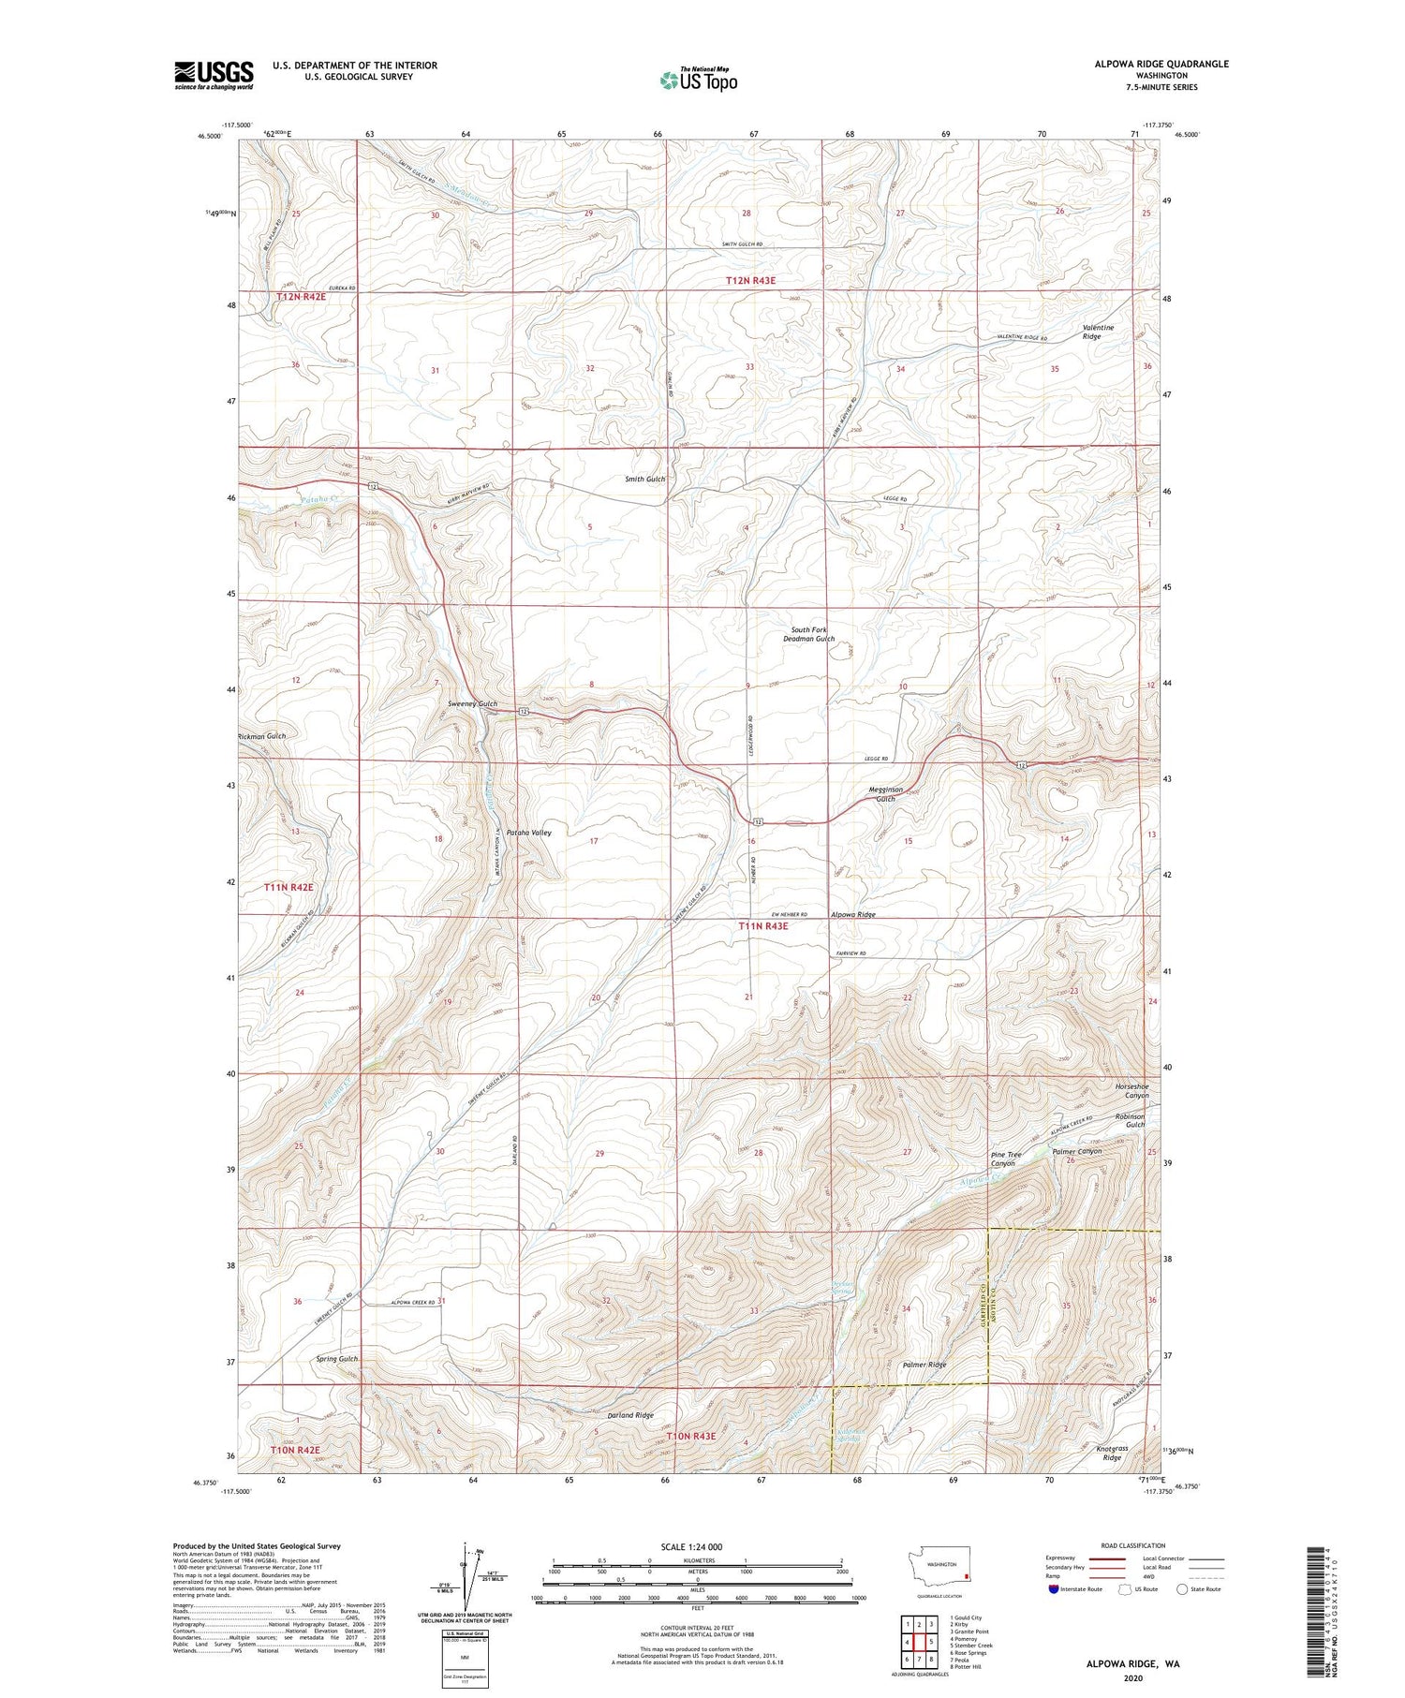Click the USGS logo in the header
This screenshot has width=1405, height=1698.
(214, 75)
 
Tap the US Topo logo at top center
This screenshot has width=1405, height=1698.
(698, 80)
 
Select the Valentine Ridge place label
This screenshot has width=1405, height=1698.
(1098, 332)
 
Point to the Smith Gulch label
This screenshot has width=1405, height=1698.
(644, 479)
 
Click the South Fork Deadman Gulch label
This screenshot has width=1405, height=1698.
(808, 634)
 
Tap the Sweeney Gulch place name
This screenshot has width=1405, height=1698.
(472, 703)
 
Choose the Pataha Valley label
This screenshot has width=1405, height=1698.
(528, 832)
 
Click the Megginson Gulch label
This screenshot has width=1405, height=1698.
(884, 794)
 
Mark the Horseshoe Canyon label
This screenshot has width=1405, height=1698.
(1131, 1090)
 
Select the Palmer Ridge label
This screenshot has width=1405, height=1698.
(924, 1365)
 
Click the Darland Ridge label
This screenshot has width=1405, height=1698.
(630, 1415)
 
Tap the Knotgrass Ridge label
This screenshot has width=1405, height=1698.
(1112, 1453)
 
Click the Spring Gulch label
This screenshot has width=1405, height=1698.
(336, 1358)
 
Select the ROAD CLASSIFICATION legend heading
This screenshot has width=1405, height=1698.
(1133, 1545)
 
